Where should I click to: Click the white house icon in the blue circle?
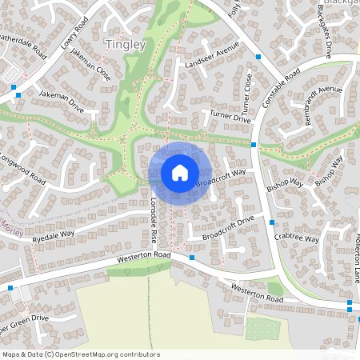pyautogui.click(x=180, y=172)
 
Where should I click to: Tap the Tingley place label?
pyautogui.click(x=126, y=45)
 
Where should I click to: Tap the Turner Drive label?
pyautogui.click(x=230, y=118)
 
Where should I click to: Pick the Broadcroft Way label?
pyautogui.click(x=220, y=178)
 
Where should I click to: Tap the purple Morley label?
pyautogui.click(x=13, y=222)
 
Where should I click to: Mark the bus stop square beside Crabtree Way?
pyautogui.click(x=272, y=222)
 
